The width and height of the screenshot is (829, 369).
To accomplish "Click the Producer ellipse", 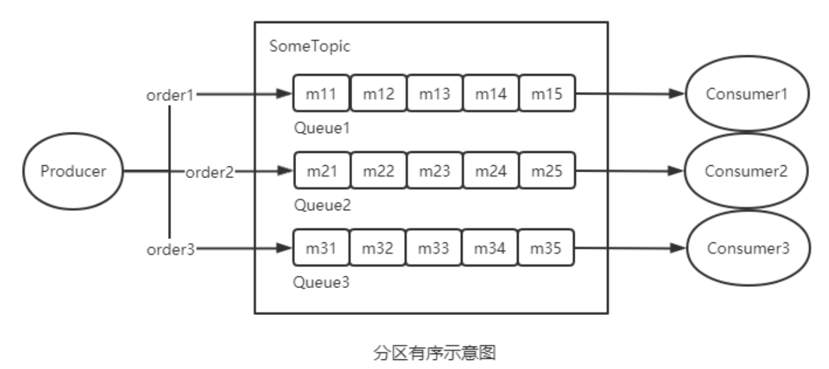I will pyautogui.click(x=73, y=172).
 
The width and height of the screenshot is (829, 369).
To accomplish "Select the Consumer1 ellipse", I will pyautogui.click(x=747, y=94).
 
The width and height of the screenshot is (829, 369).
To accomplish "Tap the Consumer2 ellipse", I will pyautogui.click(x=747, y=172).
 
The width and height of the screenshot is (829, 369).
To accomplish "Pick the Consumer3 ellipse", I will pyautogui.click(x=747, y=248).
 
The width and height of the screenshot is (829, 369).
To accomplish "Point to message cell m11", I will pyautogui.click(x=321, y=94).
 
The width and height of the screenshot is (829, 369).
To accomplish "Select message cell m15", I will pyautogui.click(x=547, y=94).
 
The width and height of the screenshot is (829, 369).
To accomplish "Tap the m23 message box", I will pyautogui.click(x=434, y=171).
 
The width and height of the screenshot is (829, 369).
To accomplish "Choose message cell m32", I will pyautogui.click(x=378, y=248).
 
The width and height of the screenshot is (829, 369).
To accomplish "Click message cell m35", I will pyautogui.click(x=547, y=248).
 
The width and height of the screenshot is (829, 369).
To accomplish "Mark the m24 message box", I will pyautogui.click(x=490, y=171).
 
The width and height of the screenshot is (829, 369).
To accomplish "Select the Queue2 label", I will pyautogui.click(x=321, y=206).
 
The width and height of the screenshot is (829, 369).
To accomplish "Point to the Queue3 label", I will pyautogui.click(x=321, y=282).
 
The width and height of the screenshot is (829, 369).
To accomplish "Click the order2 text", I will pyautogui.click(x=210, y=172).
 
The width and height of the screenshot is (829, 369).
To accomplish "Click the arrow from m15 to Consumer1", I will pyautogui.click(x=631, y=94).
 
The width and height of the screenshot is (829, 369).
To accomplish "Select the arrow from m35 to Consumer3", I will pyautogui.click(x=631, y=248).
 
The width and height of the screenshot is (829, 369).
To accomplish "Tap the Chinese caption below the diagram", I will pyautogui.click(x=431, y=352).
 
